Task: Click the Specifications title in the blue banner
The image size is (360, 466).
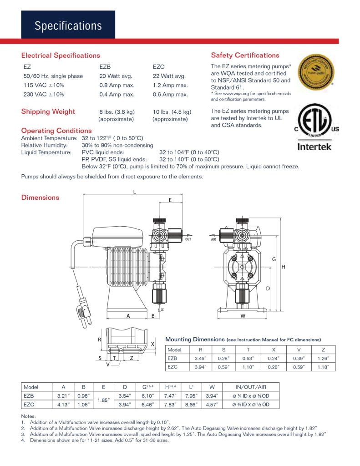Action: (68, 25)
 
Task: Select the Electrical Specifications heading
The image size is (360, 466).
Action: (61, 56)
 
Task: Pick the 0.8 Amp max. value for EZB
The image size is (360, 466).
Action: (117, 85)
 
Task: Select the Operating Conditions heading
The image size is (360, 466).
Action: (56, 131)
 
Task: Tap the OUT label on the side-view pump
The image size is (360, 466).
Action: (188, 239)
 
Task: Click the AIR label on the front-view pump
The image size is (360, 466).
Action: (213, 239)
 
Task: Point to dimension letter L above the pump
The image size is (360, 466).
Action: (134, 192)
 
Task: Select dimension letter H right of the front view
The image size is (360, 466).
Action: (283, 267)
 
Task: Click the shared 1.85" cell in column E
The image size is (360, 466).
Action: (104, 400)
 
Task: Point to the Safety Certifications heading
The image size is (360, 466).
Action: (245, 56)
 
